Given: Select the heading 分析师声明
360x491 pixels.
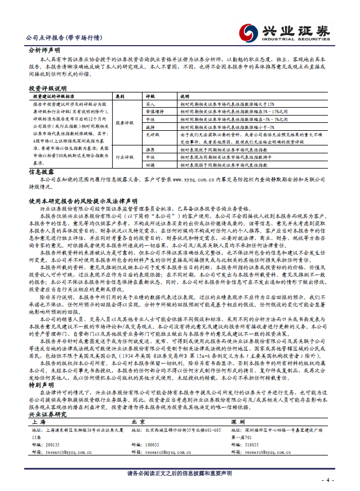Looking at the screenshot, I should pos(43,50).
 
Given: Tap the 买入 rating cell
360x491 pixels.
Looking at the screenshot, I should pos(150,104).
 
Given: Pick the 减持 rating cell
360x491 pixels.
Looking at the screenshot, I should pos(150,127).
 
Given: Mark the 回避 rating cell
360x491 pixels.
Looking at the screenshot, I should pos(150,166).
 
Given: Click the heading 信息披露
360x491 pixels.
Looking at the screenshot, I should pos(41,171).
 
